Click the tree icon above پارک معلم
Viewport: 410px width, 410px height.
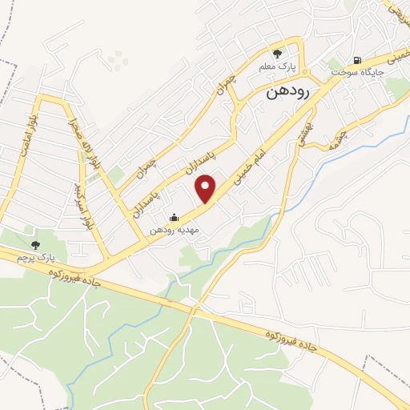(x=277, y=54)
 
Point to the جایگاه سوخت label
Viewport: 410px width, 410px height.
(x=357, y=72)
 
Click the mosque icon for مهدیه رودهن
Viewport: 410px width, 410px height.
(x=173, y=218)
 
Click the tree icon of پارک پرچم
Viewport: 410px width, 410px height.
(x=34, y=244)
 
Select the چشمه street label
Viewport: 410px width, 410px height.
(x=335, y=137)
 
